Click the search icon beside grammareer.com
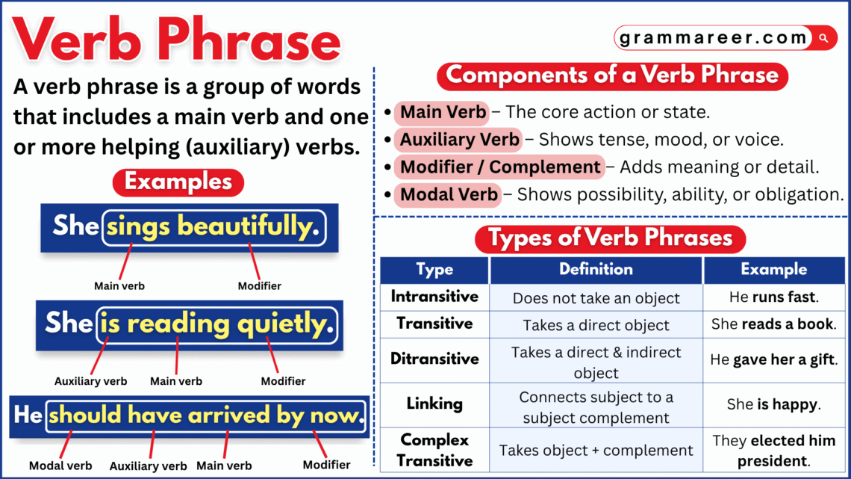click(x=824, y=37)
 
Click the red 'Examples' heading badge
click(x=178, y=182)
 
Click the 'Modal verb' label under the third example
click(x=60, y=466)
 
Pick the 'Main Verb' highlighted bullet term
click(x=443, y=113)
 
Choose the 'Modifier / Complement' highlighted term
click(x=499, y=167)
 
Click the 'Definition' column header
click(x=596, y=270)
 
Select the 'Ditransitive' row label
click(x=434, y=359)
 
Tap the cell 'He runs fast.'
click(x=774, y=297)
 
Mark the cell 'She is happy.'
click(x=774, y=405)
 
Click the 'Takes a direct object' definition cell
click(x=596, y=325)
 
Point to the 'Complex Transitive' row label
click(x=434, y=450)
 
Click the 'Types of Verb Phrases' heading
click(x=610, y=238)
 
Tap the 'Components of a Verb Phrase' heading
click(x=612, y=75)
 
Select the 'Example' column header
click(x=774, y=270)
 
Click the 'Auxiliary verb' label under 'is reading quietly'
click(x=90, y=381)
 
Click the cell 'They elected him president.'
click(x=774, y=451)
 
